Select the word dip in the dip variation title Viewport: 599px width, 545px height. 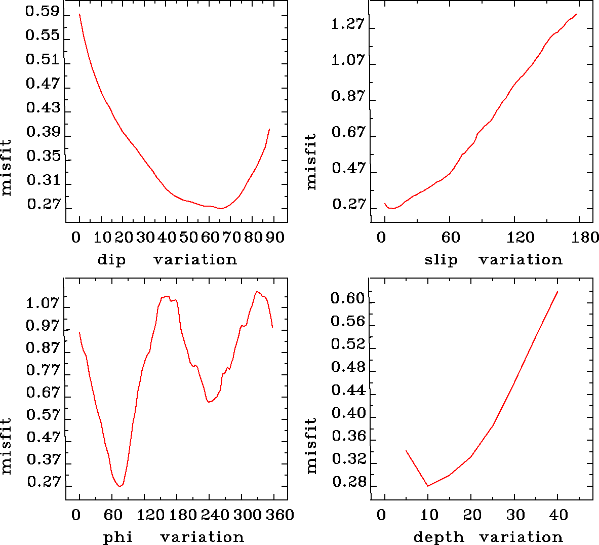tap(111, 260)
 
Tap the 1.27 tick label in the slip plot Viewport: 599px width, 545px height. tap(348, 24)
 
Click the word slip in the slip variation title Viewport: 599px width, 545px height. tap(441, 260)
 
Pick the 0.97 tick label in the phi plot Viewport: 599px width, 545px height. tap(43, 326)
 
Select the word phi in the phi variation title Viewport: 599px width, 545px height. tap(117, 537)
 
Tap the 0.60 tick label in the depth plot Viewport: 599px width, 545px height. tap(348, 299)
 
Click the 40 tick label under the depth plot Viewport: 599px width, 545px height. tap(558, 515)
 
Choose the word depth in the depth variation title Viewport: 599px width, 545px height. tap(438, 537)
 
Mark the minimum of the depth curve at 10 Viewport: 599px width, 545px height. tap(428, 486)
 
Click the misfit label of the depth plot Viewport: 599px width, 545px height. tap(311, 446)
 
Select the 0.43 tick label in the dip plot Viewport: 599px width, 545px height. tap(43, 108)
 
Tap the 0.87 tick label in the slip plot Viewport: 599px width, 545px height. tap(348, 96)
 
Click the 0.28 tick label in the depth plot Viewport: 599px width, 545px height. tap(348, 482)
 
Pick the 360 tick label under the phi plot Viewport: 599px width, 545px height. tap(280, 515)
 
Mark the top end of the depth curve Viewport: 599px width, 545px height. tap(557, 292)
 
